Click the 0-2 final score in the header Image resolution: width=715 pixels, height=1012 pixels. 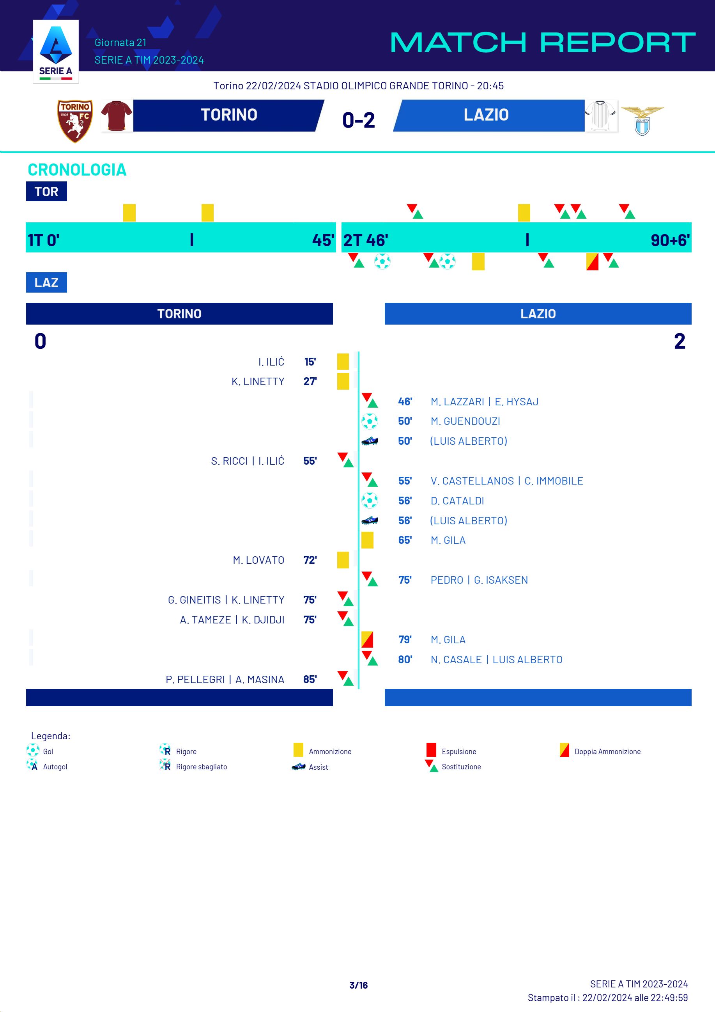(358, 120)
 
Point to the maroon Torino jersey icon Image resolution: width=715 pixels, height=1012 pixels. (116, 116)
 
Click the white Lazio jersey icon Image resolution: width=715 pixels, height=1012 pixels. (601, 115)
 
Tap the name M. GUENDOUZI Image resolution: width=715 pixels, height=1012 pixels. (465, 421)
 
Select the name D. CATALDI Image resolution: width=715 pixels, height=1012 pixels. (457, 501)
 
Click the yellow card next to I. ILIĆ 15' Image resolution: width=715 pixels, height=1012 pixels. (343, 361)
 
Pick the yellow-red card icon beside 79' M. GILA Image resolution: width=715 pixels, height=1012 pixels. (367, 639)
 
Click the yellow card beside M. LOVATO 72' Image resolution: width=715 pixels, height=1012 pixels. (343, 560)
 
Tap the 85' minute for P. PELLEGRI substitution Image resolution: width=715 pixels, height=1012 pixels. (310, 679)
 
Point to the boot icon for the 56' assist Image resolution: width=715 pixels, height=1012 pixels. (370, 520)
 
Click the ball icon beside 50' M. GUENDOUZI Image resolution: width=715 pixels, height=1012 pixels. (370, 421)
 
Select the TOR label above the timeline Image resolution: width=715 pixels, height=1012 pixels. (46, 191)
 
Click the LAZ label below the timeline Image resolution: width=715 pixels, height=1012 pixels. (46, 282)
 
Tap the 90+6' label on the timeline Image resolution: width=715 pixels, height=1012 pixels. (670, 240)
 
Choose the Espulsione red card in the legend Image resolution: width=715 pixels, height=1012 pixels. (431, 750)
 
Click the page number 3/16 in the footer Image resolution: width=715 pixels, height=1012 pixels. (358, 985)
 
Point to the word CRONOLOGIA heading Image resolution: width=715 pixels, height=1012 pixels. (77, 170)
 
